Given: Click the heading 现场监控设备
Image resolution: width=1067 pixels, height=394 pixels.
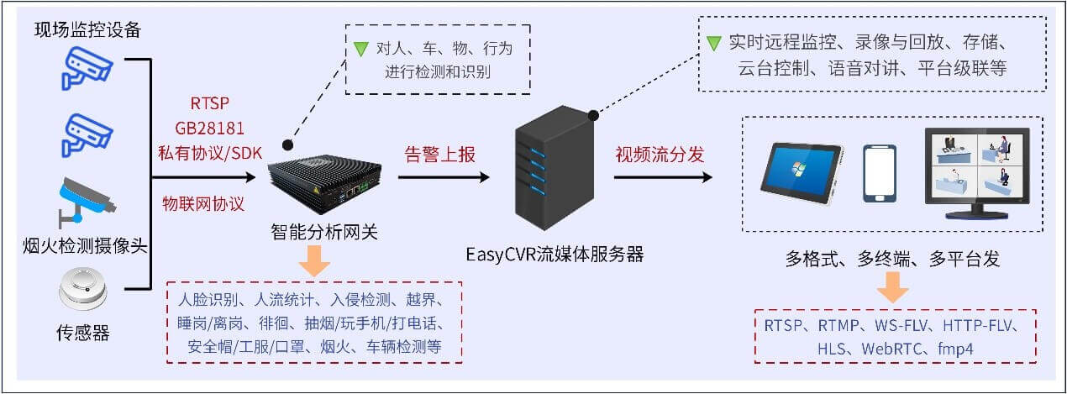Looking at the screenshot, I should (x=87, y=29).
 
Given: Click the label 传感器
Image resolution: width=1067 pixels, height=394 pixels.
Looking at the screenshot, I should (x=84, y=334).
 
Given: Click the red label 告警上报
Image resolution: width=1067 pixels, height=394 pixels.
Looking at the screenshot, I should (x=440, y=155).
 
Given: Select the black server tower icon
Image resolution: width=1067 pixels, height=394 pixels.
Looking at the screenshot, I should (x=550, y=173).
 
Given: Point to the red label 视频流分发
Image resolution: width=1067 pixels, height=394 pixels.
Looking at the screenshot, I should (x=660, y=155).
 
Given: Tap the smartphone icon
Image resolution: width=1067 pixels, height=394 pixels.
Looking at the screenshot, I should (x=880, y=174).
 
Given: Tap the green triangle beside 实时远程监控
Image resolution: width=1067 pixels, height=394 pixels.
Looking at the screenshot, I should (x=714, y=43).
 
